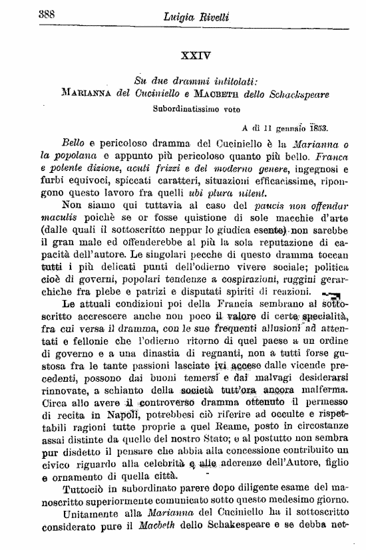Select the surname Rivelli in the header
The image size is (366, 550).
click(x=213, y=18)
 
